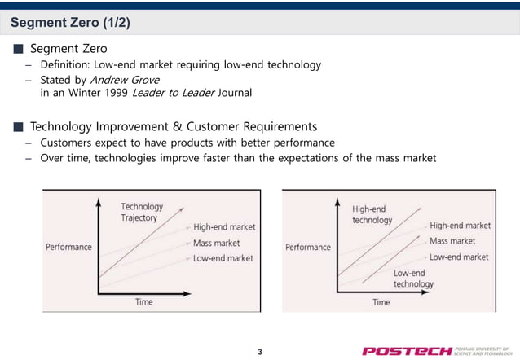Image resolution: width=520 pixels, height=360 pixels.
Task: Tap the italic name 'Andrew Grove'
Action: [x=125, y=79]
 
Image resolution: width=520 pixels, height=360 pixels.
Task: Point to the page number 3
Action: [x=259, y=352]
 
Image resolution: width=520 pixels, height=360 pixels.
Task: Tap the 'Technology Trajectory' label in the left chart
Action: [x=142, y=213]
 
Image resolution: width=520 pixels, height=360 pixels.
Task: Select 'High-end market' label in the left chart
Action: [x=224, y=227]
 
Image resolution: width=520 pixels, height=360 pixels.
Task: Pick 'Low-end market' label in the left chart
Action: [x=223, y=258]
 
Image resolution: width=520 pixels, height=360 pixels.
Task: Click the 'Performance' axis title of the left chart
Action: [x=68, y=246]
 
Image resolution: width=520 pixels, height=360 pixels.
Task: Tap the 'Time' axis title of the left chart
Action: [x=144, y=302]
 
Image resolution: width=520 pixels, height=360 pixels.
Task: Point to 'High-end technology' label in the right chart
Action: [x=372, y=214]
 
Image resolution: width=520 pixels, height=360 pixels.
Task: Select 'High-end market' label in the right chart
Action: [x=460, y=226]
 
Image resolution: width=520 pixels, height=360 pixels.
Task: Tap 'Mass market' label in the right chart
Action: [x=452, y=241]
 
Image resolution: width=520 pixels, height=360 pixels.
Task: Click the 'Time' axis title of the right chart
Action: [x=381, y=302]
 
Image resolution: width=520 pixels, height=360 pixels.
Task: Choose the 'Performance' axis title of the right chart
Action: [x=308, y=247]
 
